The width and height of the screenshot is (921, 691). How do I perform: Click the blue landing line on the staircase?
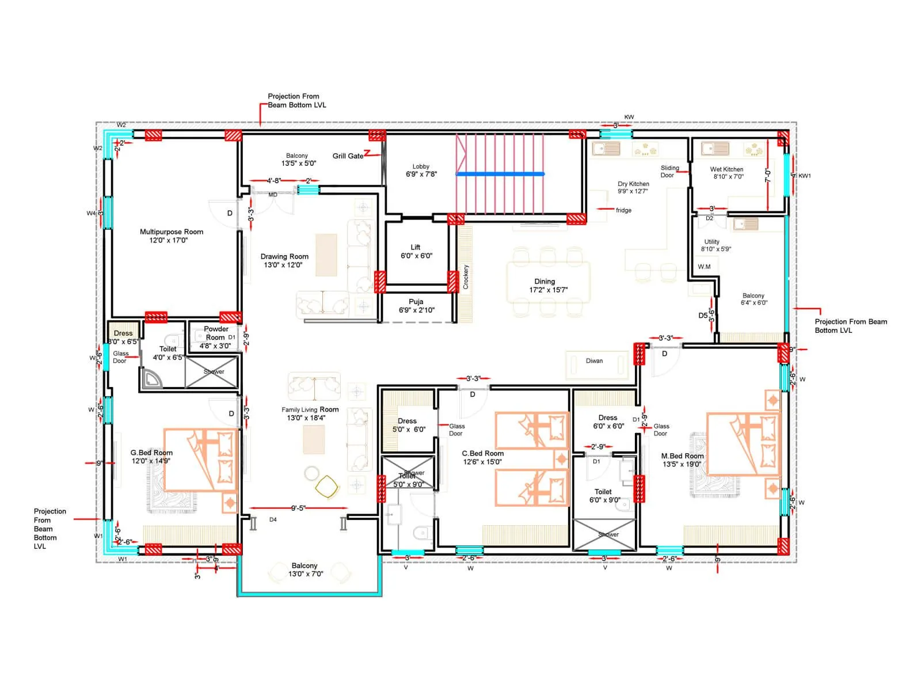tap(500, 173)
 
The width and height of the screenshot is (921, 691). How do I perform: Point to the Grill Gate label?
tap(348, 156)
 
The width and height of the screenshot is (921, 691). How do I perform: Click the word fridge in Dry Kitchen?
tap(623, 210)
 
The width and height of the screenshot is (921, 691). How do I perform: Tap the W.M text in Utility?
tap(704, 267)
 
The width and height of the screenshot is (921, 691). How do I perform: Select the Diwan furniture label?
tap(594, 361)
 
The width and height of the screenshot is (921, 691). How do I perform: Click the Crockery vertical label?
tap(466, 277)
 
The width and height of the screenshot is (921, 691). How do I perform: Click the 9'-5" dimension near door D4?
tap(298, 508)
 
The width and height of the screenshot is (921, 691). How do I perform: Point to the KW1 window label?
tap(804, 176)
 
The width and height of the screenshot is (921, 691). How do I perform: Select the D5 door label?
tap(703, 316)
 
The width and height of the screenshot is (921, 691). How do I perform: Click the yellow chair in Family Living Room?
tap(327, 487)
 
